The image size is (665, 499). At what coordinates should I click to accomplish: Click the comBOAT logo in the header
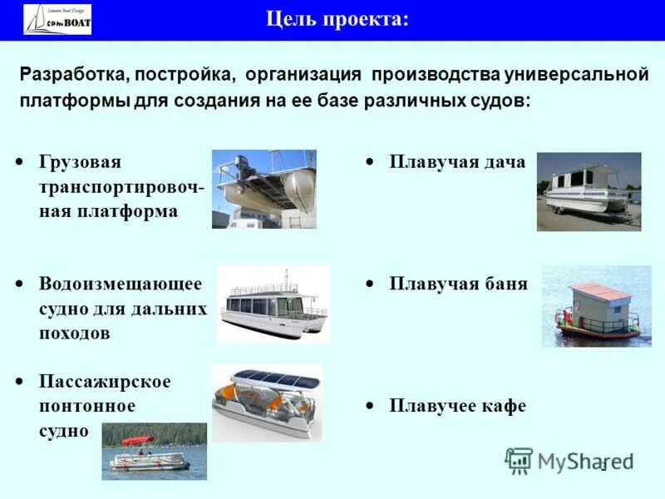pyautogui.click(x=57, y=20)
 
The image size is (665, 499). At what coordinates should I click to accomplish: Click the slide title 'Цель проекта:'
pyautogui.click(x=337, y=19)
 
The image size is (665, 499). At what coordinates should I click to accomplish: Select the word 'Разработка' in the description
pyautogui.click(x=70, y=75)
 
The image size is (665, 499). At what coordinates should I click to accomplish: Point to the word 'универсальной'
pyautogui.click(x=576, y=75)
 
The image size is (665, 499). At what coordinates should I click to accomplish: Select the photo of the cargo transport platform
pyautogui.click(x=264, y=189)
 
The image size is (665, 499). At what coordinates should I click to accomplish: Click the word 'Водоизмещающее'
pyautogui.click(x=121, y=284)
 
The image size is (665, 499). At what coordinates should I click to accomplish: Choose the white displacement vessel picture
pyautogui.click(x=273, y=304)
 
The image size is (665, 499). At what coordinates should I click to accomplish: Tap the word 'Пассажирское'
pyautogui.click(x=105, y=381)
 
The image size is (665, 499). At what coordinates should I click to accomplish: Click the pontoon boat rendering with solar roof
pyautogui.click(x=266, y=403)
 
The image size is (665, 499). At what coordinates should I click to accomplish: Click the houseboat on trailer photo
pyautogui.click(x=589, y=191)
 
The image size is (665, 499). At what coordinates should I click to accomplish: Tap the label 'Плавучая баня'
pyautogui.click(x=458, y=284)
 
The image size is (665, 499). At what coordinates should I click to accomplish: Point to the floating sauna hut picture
pyautogui.click(x=596, y=306)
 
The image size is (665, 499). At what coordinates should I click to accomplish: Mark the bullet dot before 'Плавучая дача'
pyautogui.click(x=369, y=162)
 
